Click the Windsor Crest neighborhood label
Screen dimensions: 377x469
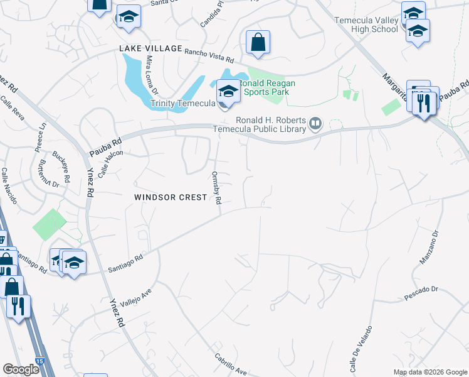point(171,197)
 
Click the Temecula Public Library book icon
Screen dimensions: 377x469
point(315,125)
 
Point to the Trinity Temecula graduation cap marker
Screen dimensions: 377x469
point(228,92)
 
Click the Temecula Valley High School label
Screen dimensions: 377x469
point(367,25)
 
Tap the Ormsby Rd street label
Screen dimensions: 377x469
point(217,188)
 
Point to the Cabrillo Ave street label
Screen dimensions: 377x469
point(231,362)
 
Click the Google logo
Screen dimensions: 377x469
point(21,369)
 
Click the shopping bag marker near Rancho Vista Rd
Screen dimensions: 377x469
point(258,43)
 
